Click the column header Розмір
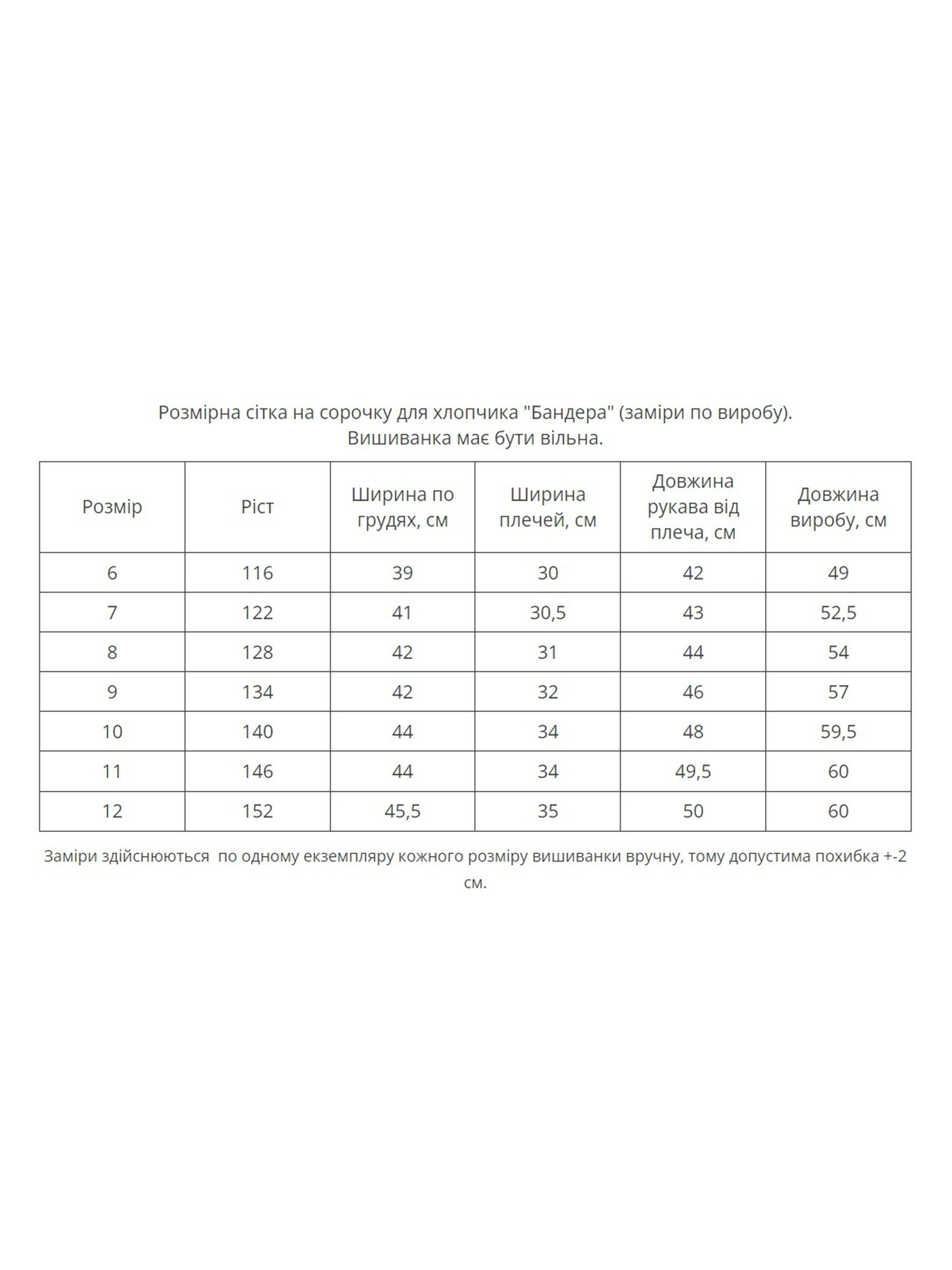tap(112, 507)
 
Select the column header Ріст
tap(257, 507)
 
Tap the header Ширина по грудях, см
tap(403, 507)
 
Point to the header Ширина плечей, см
tap(548, 507)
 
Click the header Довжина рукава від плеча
tap(693, 507)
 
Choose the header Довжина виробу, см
tap(838, 507)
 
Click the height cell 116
tap(257, 573)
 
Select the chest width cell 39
tap(403, 573)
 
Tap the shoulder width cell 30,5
tap(548, 612)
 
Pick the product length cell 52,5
tap(838, 612)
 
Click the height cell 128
tap(257, 652)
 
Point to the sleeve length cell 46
tap(693, 691)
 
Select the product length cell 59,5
tap(838, 732)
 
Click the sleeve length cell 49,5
tap(693, 771)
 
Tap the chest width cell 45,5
tap(403, 811)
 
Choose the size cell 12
tap(112, 811)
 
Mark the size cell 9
tap(112, 691)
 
